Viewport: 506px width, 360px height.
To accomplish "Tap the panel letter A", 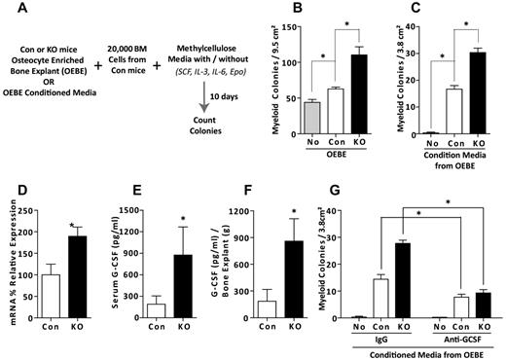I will click(8, 9).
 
